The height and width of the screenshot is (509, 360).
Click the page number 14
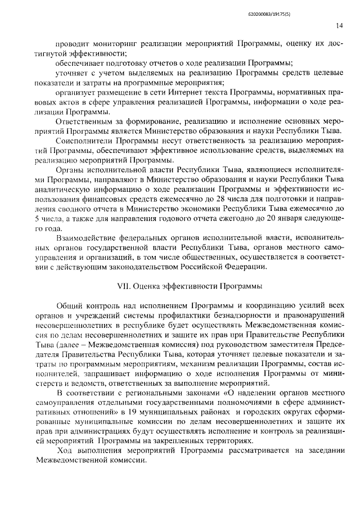point(339,25)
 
